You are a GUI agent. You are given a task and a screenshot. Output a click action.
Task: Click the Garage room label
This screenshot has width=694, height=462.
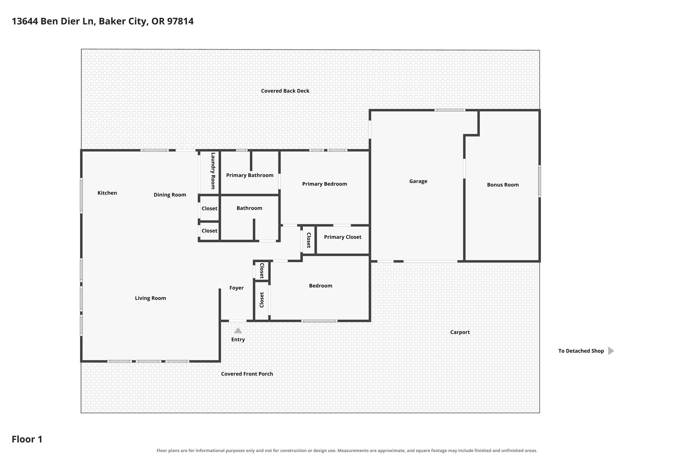click(x=418, y=181)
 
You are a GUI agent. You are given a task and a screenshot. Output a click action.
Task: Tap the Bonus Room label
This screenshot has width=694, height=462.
click(x=503, y=185)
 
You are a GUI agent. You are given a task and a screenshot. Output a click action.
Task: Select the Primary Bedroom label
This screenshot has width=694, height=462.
click(x=325, y=184)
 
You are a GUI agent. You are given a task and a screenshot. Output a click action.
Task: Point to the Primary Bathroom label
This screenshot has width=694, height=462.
click(x=250, y=175)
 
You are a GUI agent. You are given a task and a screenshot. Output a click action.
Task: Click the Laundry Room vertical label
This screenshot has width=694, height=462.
click(x=213, y=171)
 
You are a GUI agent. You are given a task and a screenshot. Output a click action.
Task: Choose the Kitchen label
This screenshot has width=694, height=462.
click(x=107, y=193)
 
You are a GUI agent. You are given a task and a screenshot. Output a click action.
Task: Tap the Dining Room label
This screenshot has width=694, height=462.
click(x=170, y=195)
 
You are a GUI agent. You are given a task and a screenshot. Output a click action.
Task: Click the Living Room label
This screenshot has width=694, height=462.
click(x=150, y=298)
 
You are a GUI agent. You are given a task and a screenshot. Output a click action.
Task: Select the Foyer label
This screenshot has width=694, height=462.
click(x=236, y=288)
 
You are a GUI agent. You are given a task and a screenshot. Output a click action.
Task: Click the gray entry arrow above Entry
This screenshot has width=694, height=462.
click(x=238, y=331)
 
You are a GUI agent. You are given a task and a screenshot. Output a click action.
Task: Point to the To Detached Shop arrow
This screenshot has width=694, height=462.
click(x=611, y=351)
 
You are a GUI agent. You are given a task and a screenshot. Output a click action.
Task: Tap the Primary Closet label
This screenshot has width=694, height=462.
click(x=343, y=237)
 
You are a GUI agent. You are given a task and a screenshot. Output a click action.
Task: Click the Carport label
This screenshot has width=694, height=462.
click(x=460, y=332)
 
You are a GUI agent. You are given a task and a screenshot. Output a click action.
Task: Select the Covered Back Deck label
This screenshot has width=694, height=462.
click(x=285, y=91)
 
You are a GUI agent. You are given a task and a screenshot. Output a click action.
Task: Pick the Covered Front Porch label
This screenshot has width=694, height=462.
click(x=247, y=374)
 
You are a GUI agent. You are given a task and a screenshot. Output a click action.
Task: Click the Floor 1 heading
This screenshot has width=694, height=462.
click(x=27, y=439)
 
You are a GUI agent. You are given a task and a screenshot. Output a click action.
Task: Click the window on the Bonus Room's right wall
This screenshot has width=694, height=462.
click(x=540, y=181)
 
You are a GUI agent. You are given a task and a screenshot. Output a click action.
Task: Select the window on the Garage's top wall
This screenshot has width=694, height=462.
click(x=450, y=110)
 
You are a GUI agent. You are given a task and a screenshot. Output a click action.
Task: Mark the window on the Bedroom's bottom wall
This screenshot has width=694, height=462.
click(x=319, y=321)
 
